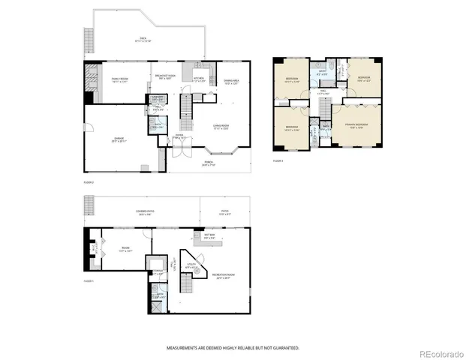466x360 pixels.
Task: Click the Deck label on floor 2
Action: click(143, 40)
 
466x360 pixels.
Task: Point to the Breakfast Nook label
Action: click(165, 76)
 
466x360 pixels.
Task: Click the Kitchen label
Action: click(200, 79)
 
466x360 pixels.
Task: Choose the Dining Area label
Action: click(231, 82)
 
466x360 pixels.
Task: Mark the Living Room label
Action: click(220, 126)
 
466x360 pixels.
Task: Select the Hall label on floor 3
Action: click(323, 93)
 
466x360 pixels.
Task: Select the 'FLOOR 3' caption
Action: click(278, 161)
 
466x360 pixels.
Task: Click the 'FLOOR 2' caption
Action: click(89, 182)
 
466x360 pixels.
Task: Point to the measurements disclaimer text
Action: click(233, 348)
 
